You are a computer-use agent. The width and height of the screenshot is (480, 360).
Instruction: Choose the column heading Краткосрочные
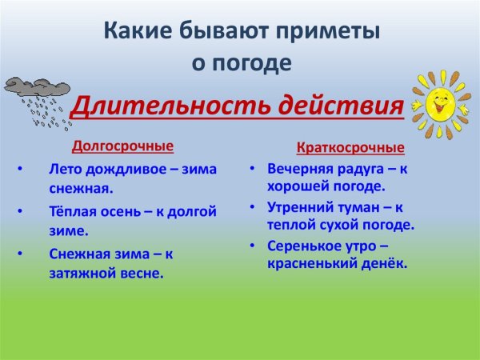(x=350, y=148)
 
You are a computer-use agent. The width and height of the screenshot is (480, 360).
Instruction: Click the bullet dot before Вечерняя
(x=251, y=170)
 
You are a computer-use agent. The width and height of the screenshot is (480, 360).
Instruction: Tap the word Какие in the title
(x=135, y=32)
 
